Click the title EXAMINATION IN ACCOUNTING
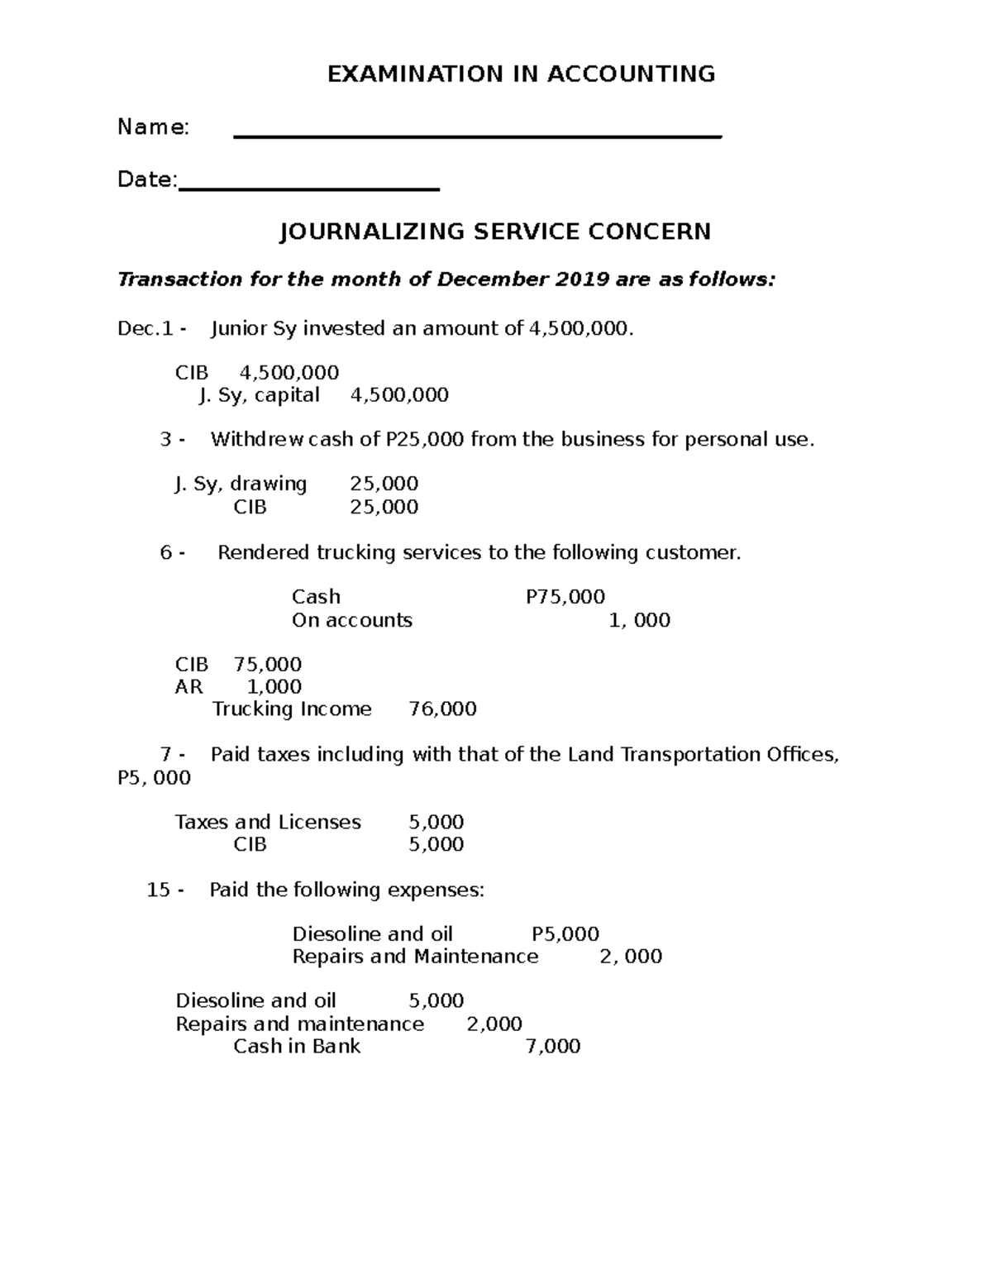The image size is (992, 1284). click(521, 74)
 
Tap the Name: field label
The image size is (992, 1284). click(154, 127)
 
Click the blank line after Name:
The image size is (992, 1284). click(478, 136)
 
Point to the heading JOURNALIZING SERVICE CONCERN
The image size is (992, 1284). click(495, 232)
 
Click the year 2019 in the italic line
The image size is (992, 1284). click(581, 279)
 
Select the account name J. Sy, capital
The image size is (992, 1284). click(259, 395)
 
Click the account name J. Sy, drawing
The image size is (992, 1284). click(241, 484)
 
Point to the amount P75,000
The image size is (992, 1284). click(565, 597)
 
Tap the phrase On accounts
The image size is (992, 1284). click(351, 620)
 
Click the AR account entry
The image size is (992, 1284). click(188, 686)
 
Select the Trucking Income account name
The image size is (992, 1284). click(292, 709)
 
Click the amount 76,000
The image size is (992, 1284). click(443, 709)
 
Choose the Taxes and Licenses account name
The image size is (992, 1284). click(268, 822)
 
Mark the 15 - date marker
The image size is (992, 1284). click(165, 890)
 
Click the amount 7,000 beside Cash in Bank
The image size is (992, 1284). click(553, 1047)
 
